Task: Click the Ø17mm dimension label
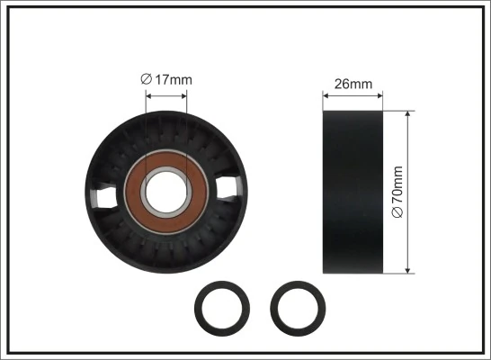(166, 79)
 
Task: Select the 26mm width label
(353, 85)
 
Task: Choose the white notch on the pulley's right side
(228, 186)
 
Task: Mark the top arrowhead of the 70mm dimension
(409, 113)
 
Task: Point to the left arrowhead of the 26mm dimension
(326, 94)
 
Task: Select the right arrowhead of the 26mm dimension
(381, 94)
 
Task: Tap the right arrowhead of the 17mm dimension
(184, 90)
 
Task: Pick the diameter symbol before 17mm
(146, 79)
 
